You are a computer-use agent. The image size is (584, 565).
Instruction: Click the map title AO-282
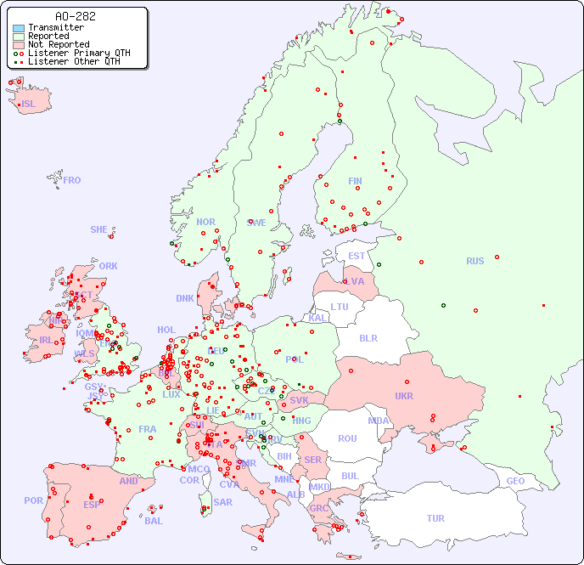pyautogui.click(x=75, y=16)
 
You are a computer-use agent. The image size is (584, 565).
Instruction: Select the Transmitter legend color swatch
pyautogui.click(x=19, y=28)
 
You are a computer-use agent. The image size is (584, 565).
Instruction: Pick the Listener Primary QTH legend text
pyautogui.click(x=79, y=53)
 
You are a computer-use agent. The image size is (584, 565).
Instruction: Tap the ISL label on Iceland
pyautogui.click(x=28, y=105)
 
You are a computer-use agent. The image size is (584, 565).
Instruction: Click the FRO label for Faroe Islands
pyautogui.click(x=71, y=180)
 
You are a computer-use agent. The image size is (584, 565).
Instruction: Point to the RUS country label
pyautogui.click(x=474, y=261)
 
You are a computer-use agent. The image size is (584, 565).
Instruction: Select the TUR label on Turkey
pyautogui.click(x=435, y=518)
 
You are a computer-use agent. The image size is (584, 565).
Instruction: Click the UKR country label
pyautogui.click(x=403, y=396)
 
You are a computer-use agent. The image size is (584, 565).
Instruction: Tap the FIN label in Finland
pyautogui.click(x=355, y=181)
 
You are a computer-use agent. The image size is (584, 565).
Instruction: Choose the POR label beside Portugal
pyautogui.click(x=33, y=500)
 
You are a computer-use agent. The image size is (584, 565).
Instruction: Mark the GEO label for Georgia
pyautogui.click(x=515, y=481)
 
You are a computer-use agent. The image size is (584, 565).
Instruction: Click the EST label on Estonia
pyautogui.click(x=357, y=256)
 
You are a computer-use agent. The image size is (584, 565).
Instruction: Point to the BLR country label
pyautogui.click(x=368, y=337)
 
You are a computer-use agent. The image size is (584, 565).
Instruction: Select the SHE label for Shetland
pyautogui.click(x=98, y=229)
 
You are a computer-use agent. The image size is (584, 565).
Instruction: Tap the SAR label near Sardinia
pyautogui.click(x=222, y=502)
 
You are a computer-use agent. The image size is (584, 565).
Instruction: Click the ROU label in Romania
pyautogui.click(x=347, y=438)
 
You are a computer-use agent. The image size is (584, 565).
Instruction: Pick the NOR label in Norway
pyautogui.click(x=205, y=222)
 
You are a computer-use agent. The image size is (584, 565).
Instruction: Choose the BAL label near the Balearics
pyautogui.click(x=153, y=521)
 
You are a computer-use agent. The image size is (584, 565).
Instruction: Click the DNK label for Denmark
pyautogui.click(x=185, y=298)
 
